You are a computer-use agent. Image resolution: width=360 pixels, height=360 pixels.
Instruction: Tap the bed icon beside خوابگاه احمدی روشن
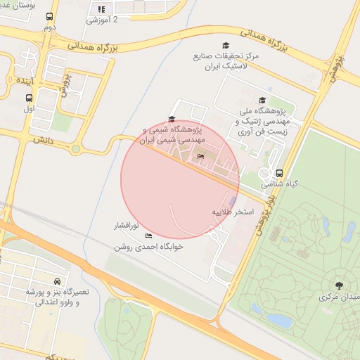148,236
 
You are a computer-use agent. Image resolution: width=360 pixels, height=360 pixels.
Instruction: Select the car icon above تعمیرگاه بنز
57,281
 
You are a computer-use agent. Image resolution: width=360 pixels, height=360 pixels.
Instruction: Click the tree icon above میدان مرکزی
340,285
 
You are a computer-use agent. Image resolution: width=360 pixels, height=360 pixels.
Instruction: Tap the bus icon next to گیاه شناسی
280,173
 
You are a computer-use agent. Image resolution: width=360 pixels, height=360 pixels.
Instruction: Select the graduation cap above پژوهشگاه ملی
263,101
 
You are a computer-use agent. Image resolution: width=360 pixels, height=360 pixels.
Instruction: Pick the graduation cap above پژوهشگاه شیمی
172,120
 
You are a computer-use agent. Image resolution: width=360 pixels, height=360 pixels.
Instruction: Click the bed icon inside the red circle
201,156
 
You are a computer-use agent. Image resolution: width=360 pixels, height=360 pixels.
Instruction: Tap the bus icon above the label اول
29,98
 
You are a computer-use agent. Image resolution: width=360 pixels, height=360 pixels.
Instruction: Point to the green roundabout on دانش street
75,148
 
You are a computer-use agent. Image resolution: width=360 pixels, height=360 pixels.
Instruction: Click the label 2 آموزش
102,20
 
